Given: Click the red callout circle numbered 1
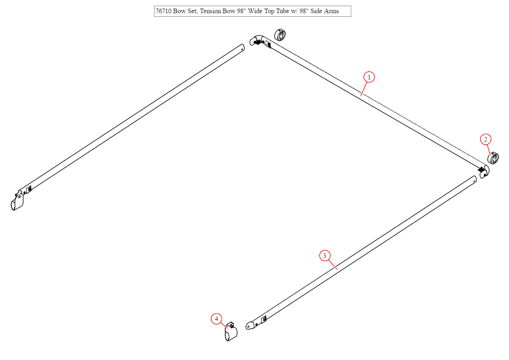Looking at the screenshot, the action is click(x=369, y=77).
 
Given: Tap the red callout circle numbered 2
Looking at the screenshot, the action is click(x=485, y=139).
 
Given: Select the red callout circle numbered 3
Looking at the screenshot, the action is click(x=325, y=256).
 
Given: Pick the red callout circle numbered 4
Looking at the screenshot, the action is click(x=217, y=319).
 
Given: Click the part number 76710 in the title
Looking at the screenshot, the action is click(x=164, y=11).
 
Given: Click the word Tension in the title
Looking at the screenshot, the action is click(x=211, y=11).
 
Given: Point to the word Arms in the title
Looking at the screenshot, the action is click(x=331, y=11).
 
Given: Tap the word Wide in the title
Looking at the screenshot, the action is click(x=255, y=11).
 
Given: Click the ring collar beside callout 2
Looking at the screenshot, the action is click(x=493, y=158).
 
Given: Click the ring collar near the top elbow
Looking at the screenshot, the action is click(x=280, y=35).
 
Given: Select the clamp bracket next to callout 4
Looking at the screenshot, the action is click(x=231, y=332).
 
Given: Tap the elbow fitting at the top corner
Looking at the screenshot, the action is click(x=257, y=40).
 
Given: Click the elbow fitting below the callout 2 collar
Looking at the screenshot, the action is click(x=485, y=171).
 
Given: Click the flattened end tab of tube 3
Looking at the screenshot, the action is click(x=250, y=325).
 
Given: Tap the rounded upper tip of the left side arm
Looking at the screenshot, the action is click(x=242, y=47).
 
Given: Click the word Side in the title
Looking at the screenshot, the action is click(x=316, y=11).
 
